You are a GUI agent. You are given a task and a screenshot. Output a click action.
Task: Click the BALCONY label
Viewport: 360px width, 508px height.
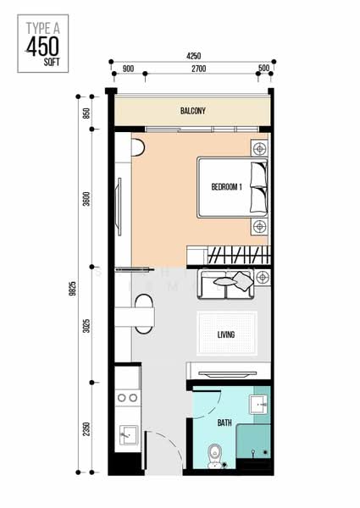[193, 111]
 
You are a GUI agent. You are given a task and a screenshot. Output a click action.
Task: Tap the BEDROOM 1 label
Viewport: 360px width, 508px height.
[226, 187]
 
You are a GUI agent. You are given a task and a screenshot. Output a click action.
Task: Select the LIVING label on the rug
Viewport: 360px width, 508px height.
[226, 334]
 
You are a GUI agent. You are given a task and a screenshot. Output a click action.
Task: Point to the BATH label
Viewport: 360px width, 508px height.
[224, 422]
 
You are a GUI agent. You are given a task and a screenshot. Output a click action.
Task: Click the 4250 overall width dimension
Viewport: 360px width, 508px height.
[193, 56]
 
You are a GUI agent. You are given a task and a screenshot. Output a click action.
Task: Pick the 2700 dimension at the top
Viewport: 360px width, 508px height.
[198, 69]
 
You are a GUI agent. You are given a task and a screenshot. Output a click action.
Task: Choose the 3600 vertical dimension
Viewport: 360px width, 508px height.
[86, 199]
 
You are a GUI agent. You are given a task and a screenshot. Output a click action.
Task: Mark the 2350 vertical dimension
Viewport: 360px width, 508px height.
[86, 428]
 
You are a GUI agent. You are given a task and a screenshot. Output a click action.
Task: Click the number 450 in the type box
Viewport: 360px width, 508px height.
[42, 47]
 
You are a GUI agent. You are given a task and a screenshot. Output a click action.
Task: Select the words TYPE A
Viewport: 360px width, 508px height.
[42, 28]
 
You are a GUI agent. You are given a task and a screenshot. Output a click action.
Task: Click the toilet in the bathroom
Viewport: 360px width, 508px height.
[214, 456]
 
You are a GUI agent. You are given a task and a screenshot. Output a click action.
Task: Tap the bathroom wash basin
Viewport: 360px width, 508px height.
[258, 405]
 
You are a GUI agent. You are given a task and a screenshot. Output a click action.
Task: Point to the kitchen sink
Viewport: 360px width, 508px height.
[129, 435]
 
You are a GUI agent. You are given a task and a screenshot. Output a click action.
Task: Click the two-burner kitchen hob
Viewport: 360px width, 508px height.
[127, 398]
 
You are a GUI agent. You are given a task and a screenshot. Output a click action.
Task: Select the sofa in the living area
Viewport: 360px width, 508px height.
[226, 284]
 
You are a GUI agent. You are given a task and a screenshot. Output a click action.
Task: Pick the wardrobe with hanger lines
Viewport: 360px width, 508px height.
[229, 256]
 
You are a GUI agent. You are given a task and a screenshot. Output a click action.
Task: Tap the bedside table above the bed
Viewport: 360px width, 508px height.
[259, 149]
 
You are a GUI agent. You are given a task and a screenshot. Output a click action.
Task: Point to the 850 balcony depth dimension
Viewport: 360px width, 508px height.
[86, 113]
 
